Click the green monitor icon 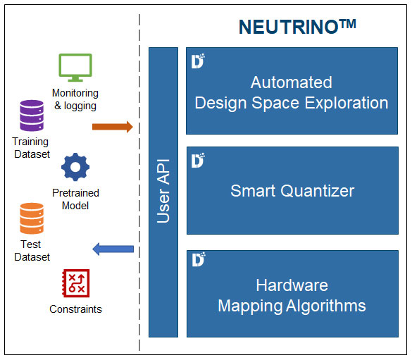tap(75, 68)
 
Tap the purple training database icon tap(32, 116)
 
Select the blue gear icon tap(75, 167)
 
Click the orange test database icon tap(32, 218)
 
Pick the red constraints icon tap(75, 283)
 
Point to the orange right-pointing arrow tap(113, 127)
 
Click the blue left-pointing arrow tap(113, 249)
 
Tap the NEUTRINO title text tap(297, 27)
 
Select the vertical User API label tap(163, 191)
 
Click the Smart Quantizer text tap(292, 190)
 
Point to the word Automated tap(291, 82)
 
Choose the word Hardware tap(292, 285)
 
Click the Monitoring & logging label tap(75, 99)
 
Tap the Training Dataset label tap(31, 148)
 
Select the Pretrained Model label tap(75, 199)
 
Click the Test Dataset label tap(32, 250)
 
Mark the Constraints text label tap(75, 309)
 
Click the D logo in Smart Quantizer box tap(198, 161)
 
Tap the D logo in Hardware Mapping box tap(199, 259)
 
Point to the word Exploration tap(347, 103)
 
